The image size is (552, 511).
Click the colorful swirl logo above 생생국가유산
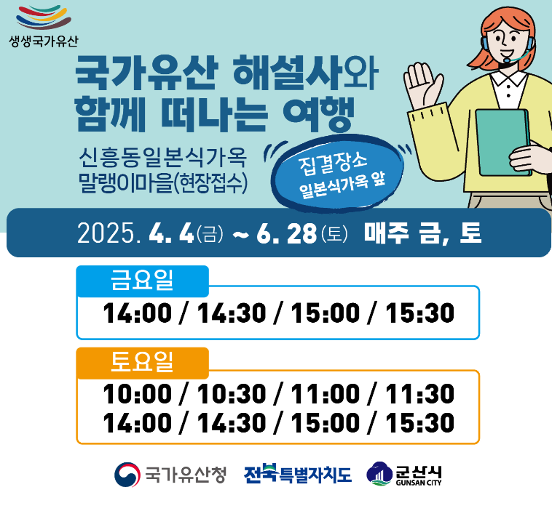point(44,17)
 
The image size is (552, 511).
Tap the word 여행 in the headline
point(318,113)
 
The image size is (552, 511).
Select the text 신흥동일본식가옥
point(162,158)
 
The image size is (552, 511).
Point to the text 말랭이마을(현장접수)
point(163,182)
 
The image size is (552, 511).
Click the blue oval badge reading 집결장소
point(337,173)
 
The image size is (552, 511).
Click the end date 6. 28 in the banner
point(287,233)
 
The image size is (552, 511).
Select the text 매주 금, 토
point(422,233)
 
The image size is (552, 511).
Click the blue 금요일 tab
point(143,281)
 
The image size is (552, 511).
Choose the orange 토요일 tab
point(143,363)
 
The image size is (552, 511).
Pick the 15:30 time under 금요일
point(420,313)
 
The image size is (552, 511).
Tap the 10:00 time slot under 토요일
point(138,394)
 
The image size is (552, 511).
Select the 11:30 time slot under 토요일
point(420,394)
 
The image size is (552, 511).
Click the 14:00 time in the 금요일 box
point(138,313)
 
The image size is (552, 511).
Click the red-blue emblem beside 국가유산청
point(127,475)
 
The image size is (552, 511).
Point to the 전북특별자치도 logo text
point(298,474)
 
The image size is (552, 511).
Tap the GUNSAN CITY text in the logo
point(419,483)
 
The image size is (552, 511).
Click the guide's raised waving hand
point(422,86)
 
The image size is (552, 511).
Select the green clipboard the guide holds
point(502,142)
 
